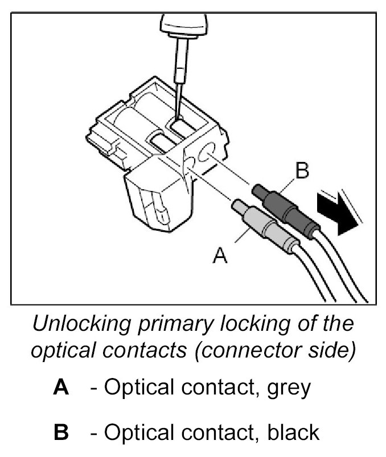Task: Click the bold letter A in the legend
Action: pos(60,388)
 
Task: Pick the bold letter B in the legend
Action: pos(60,433)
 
